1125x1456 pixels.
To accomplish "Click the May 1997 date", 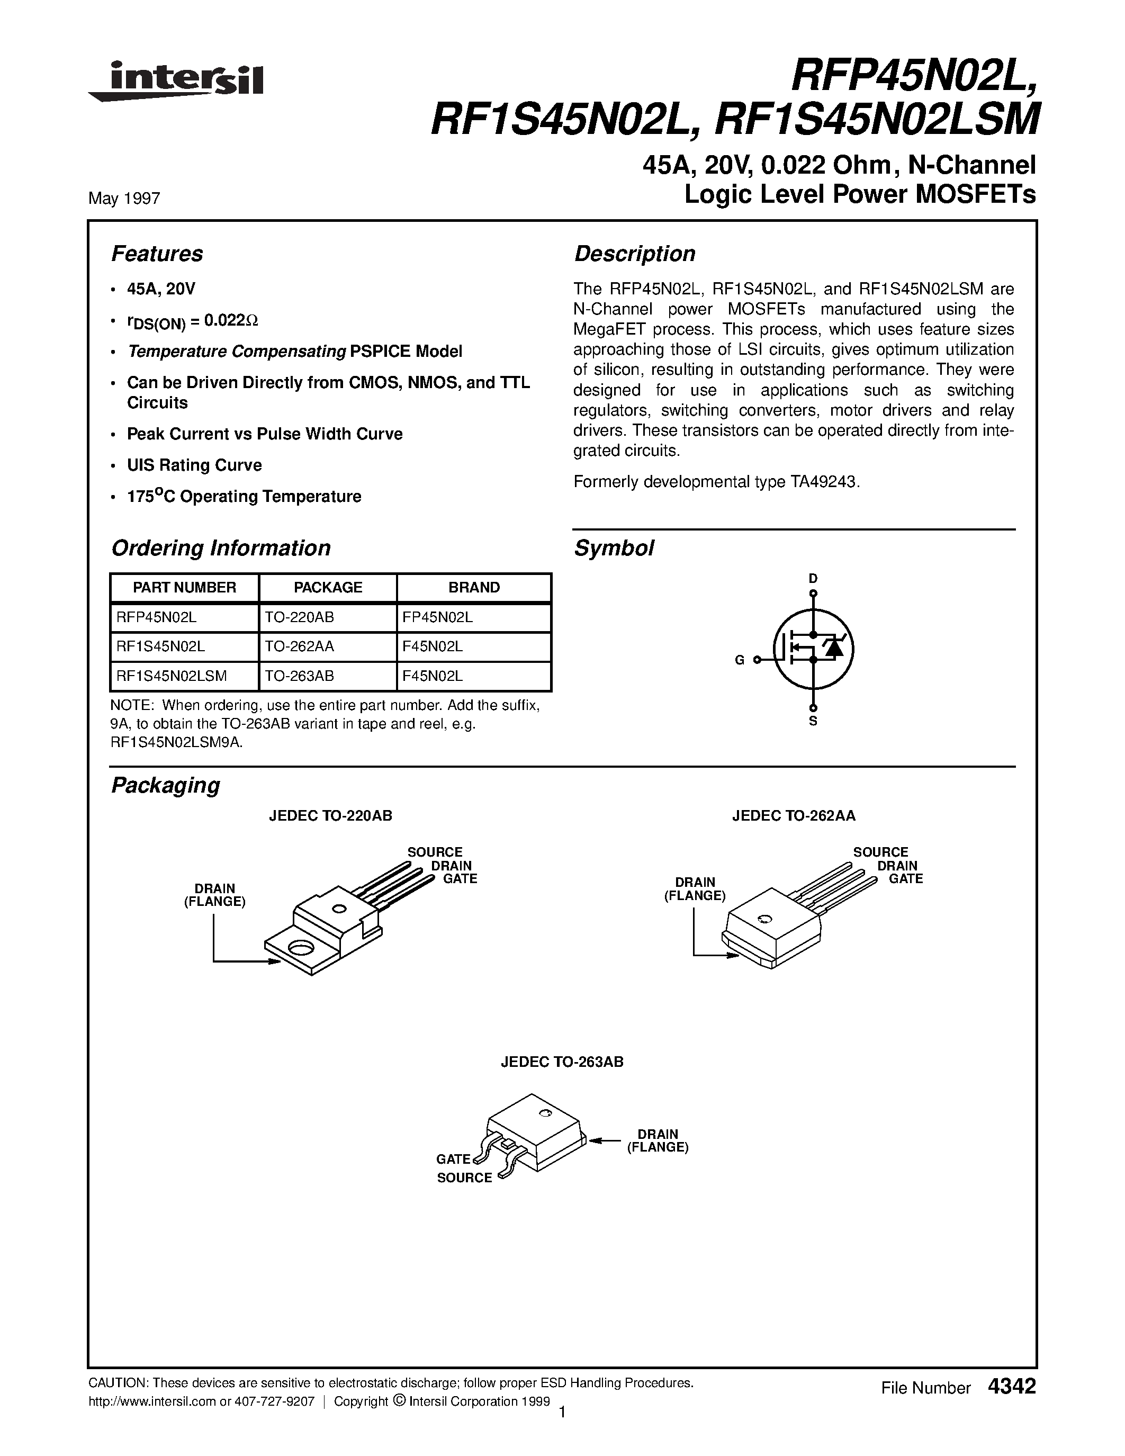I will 124,199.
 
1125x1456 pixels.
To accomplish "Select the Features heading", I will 157,254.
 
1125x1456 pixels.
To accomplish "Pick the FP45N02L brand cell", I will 437,617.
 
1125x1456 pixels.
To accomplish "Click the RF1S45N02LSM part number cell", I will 172,676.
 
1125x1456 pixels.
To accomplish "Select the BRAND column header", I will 474,587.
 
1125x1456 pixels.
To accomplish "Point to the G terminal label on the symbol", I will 739,660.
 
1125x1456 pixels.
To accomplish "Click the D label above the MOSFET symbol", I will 813,578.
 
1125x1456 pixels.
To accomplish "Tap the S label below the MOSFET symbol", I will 813,721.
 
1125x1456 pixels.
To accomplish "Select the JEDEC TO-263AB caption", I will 562,1062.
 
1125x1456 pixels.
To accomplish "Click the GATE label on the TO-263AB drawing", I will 453,1160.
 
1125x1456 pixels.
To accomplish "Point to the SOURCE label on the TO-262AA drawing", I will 880,852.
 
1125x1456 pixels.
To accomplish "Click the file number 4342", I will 1012,1386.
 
